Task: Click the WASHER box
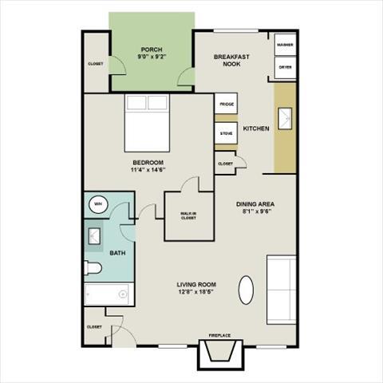tap(285, 45)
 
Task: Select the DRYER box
tap(285, 67)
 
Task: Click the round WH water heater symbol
tap(99, 203)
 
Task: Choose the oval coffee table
tap(249, 290)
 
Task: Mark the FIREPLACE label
tap(221, 336)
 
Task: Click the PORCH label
tap(152, 49)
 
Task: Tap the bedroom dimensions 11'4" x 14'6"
tap(148, 170)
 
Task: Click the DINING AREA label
tap(255, 205)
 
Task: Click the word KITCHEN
tap(256, 128)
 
